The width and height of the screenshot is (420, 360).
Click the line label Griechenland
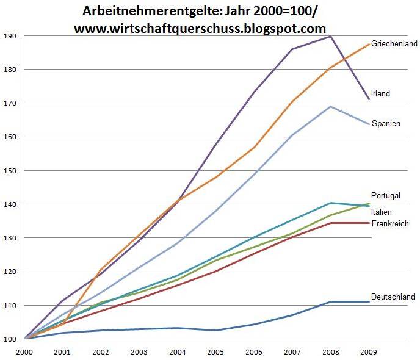tap(394, 44)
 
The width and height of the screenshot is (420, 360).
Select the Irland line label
tap(380, 94)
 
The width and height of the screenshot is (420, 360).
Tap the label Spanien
tap(386, 124)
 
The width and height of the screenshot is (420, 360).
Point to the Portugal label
tap(386, 195)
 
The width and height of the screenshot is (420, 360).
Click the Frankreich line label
tap(390, 224)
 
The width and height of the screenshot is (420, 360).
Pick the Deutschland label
tap(393, 297)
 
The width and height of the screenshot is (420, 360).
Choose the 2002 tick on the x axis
tap(101, 352)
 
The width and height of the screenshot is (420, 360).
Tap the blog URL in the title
tap(200, 28)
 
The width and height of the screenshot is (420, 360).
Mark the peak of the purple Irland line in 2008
tap(330, 36)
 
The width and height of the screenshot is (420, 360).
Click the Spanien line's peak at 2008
tap(330, 107)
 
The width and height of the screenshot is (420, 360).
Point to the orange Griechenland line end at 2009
tap(369, 44)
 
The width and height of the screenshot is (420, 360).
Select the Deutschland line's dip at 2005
tap(215, 330)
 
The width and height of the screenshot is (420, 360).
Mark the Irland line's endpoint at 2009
tap(369, 99)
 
